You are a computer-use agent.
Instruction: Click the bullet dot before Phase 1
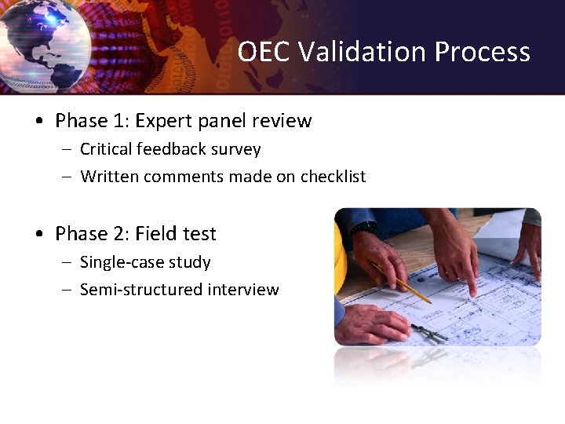pos(38,122)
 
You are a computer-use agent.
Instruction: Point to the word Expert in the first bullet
pos(163,121)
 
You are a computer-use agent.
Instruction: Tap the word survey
pos(235,149)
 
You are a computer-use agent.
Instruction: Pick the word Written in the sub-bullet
pos(108,177)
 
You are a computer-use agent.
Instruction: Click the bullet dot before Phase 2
pos(38,235)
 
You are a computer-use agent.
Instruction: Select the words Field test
pos(176,234)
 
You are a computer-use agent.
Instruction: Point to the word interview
pos(243,290)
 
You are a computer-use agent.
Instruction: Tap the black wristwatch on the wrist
pos(363,228)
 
